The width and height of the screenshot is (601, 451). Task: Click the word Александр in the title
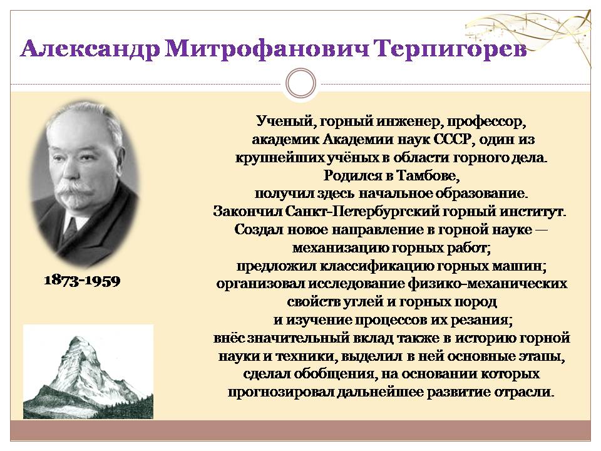click(x=90, y=49)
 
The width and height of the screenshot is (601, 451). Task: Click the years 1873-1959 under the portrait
click(x=83, y=281)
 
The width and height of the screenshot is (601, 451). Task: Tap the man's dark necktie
click(x=71, y=227)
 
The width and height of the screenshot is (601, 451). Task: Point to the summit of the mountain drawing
click(x=78, y=338)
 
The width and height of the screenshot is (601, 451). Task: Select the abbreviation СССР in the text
click(x=451, y=139)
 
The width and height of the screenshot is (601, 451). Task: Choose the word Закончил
click(x=247, y=211)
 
